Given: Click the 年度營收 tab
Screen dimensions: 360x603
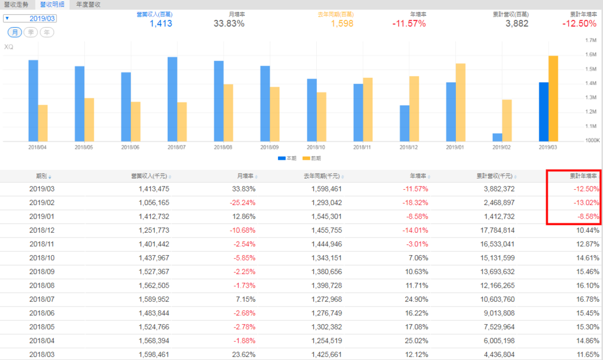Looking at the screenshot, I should [88, 4].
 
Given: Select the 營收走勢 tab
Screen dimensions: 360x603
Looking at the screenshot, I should [16, 4].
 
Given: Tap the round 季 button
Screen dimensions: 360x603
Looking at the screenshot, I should [31, 32].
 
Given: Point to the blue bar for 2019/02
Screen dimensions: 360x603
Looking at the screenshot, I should [498, 137].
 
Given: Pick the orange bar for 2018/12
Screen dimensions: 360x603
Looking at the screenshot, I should [414, 108].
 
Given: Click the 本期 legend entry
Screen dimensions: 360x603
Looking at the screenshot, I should [286, 158].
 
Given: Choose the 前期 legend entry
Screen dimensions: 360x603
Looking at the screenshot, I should [312, 158].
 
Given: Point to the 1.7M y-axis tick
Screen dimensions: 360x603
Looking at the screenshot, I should [591, 41].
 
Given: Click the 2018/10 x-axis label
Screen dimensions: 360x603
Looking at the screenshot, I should [316, 147].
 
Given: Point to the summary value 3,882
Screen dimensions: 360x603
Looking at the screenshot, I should [516, 24].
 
